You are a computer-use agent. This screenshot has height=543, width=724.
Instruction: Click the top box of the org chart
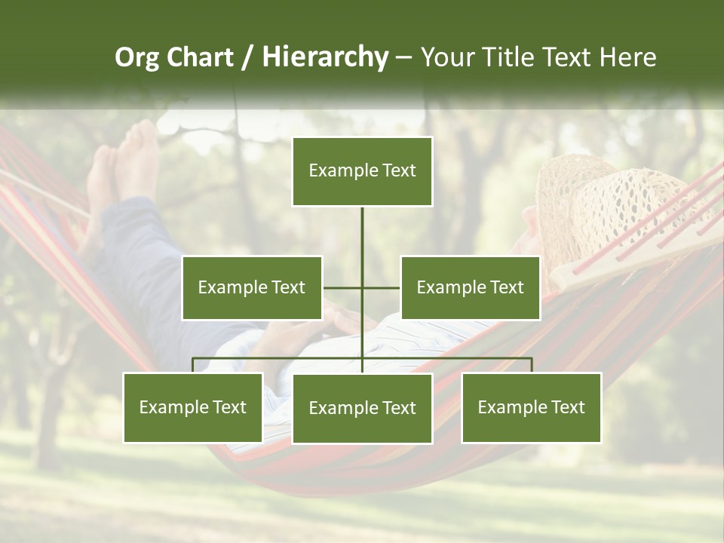362,171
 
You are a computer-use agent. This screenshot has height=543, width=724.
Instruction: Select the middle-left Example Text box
252,287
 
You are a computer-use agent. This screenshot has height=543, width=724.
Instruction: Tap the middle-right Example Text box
470,287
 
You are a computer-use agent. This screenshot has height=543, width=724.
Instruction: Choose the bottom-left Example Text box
192,407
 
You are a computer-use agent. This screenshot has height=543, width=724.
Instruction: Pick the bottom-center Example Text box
362,408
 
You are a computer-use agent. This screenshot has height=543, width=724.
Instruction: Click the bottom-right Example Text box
531,407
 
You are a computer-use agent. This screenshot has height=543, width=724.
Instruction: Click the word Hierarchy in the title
325,57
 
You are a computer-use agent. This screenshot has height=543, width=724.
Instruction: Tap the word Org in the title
137,57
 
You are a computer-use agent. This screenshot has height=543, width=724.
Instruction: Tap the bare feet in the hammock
124,170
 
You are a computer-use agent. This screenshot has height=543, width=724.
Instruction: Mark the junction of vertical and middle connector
362,287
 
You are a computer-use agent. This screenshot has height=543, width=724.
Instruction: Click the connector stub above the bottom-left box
193,365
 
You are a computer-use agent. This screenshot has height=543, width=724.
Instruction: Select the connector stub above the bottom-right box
532,365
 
